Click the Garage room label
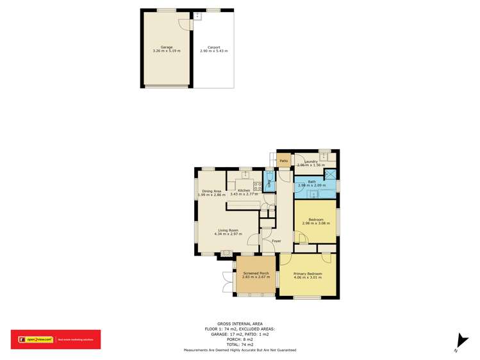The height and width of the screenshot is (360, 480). tap(167, 47)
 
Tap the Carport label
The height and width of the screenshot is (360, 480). tap(213, 47)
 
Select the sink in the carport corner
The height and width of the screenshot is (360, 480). tap(198, 16)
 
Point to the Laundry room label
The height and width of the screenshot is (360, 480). tap(311, 161)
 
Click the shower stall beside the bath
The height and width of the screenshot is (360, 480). tap(331, 175)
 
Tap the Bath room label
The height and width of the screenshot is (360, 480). tap(311, 182)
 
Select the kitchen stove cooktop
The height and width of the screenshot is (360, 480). tap(257, 186)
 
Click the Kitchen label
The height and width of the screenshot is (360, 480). tap(244, 190)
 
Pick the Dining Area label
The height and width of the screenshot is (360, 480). tap(211, 190)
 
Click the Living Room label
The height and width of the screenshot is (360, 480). tap(228, 230)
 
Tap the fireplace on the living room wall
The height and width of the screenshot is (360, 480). tap(226, 254)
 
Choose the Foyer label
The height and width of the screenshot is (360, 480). tap(276, 241)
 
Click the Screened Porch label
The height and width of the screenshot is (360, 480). tap(255, 273)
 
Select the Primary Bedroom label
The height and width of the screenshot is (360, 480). tap(308, 274)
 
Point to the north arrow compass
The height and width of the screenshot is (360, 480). tap(457, 342)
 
